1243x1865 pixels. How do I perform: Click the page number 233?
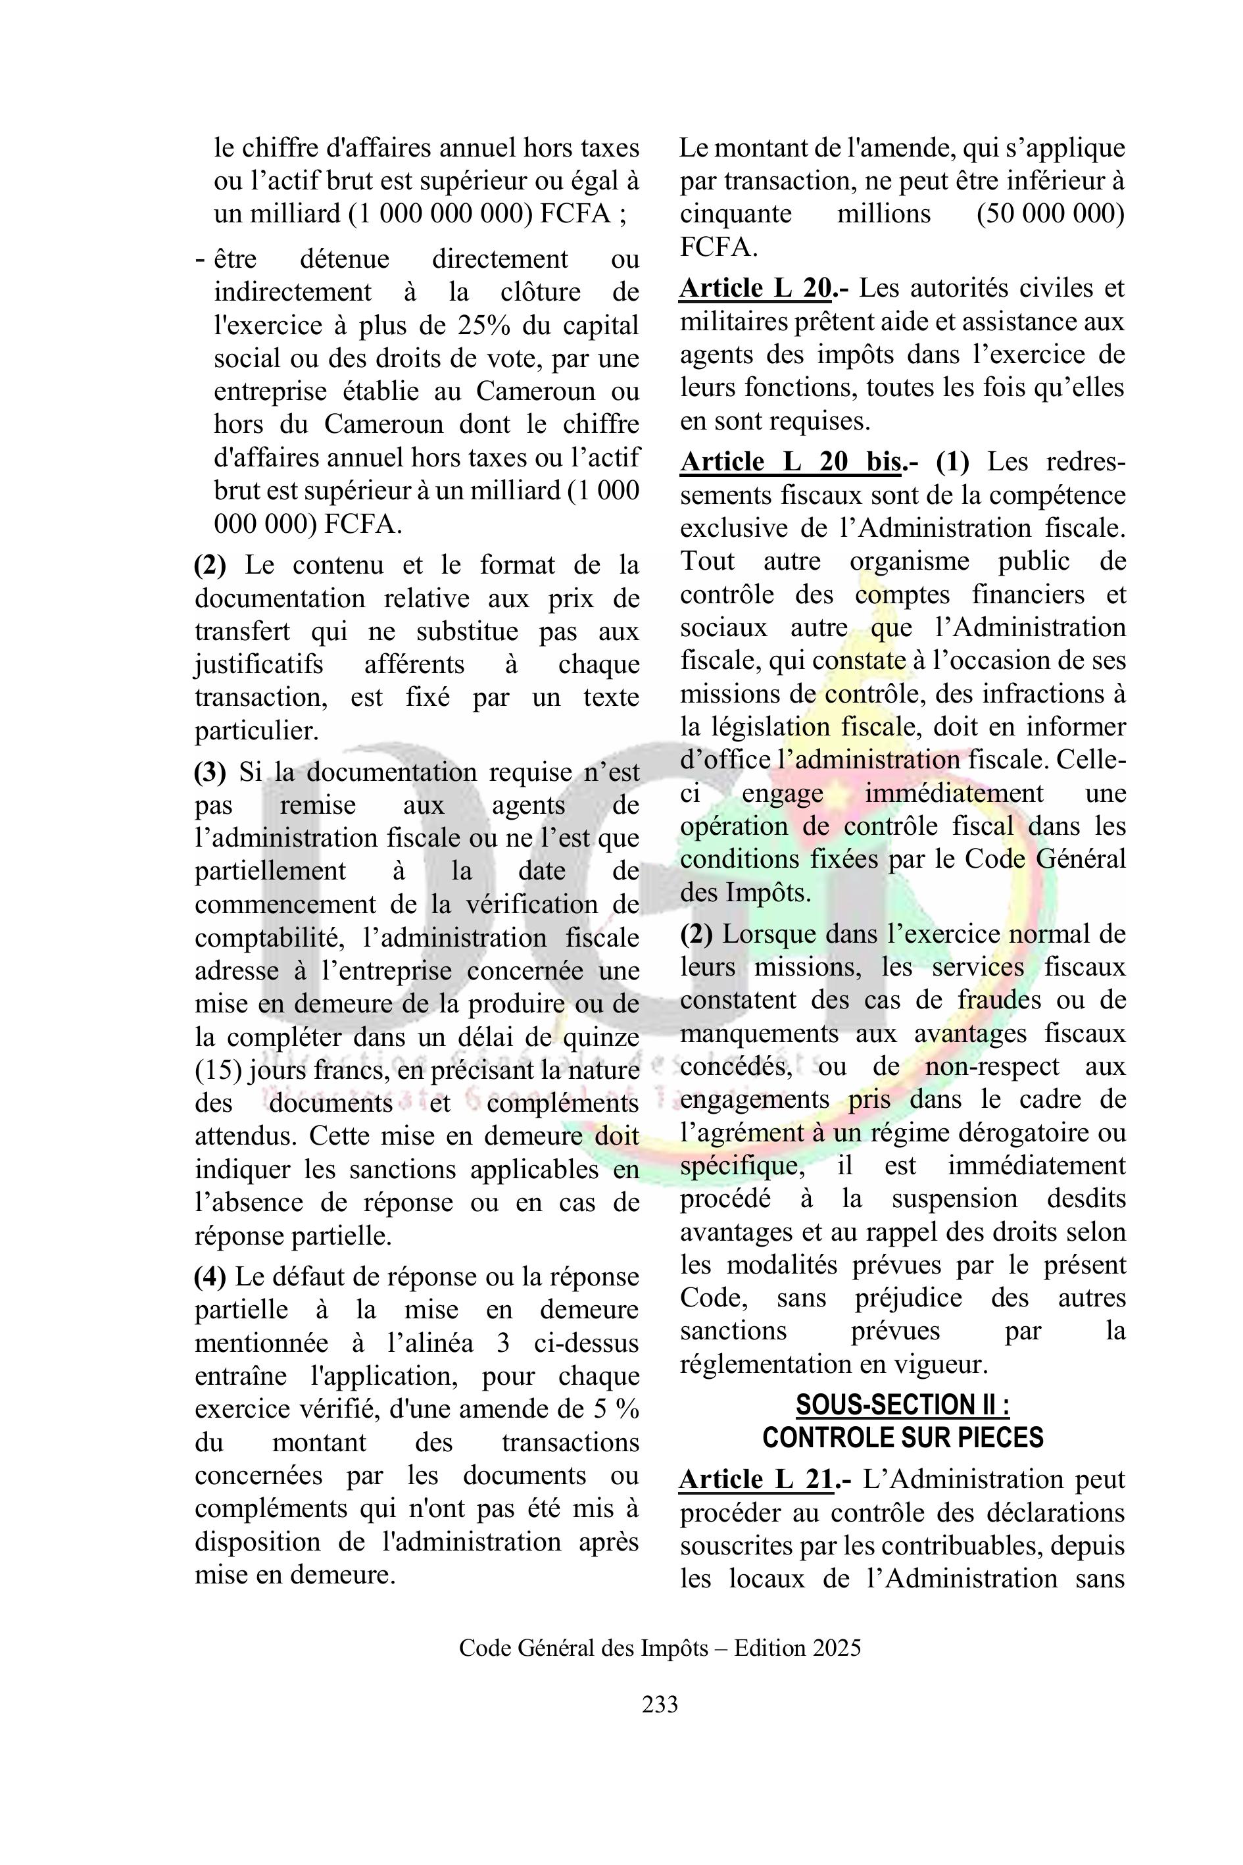pyautogui.click(x=660, y=1704)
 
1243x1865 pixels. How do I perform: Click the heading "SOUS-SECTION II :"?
pyautogui.click(x=903, y=1405)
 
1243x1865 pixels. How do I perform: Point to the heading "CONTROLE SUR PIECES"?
pyautogui.click(x=903, y=1437)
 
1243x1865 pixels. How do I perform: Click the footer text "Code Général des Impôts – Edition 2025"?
pyautogui.click(x=660, y=1648)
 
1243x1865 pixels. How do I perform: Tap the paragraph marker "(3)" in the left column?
pyautogui.click(x=210, y=772)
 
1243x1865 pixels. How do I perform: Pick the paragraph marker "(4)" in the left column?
pyautogui.click(x=210, y=1277)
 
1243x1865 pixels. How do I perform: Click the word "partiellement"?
pyautogui.click(x=270, y=870)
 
